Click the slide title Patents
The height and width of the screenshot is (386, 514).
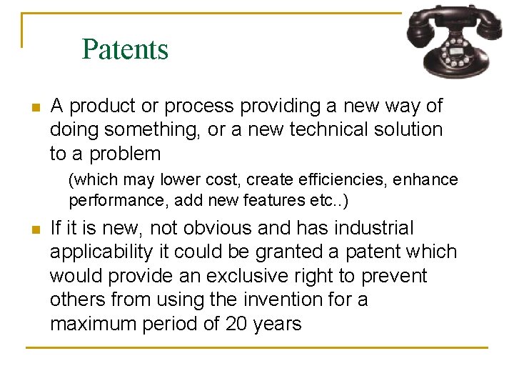click(125, 49)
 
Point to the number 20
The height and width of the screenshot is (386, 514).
click(234, 324)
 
